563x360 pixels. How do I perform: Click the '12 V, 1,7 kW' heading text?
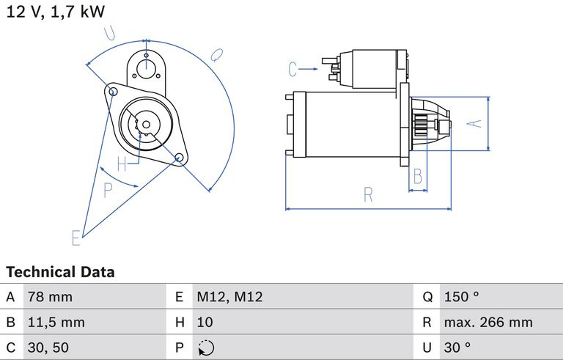click(56, 12)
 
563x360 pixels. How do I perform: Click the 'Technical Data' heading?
click(60, 272)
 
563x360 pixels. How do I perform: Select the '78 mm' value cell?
click(50, 297)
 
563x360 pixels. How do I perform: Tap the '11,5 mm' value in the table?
click(56, 322)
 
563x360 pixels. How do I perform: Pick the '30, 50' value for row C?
click(49, 347)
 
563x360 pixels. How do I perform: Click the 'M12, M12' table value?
click(229, 297)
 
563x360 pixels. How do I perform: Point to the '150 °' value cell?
click(461, 297)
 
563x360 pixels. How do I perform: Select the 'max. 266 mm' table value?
click(487, 322)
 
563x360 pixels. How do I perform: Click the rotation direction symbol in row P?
click(205, 347)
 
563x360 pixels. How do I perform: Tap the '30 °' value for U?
click(457, 347)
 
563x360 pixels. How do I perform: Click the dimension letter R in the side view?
click(368, 195)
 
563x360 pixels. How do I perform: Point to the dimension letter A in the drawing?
click(476, 123)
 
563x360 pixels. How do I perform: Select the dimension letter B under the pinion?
click(417, 176)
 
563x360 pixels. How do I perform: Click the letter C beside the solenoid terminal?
click(293, 70)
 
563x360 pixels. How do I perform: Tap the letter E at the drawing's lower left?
click(76, 237)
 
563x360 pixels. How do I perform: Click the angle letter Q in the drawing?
click(216, 54)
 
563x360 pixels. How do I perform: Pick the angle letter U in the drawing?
click(111, 32)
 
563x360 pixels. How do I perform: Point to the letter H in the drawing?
click(122, 163)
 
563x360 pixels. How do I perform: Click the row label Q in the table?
click(427, 297)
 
